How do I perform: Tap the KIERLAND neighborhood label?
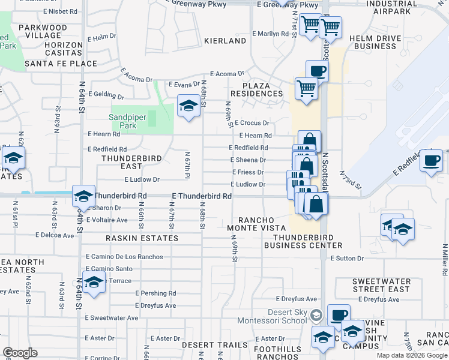[225, 41]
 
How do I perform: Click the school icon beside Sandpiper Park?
[188, 107]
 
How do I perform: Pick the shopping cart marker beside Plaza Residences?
[306, 89]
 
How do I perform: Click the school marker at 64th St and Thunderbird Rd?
[83, 196]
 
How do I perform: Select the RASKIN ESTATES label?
[142, 238]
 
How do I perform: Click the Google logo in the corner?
[20, 353]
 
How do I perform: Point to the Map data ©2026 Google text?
[412, 355]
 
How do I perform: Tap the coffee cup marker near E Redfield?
[431, 161]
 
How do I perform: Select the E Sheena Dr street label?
[249, 160]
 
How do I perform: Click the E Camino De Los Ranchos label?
[124, 257]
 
